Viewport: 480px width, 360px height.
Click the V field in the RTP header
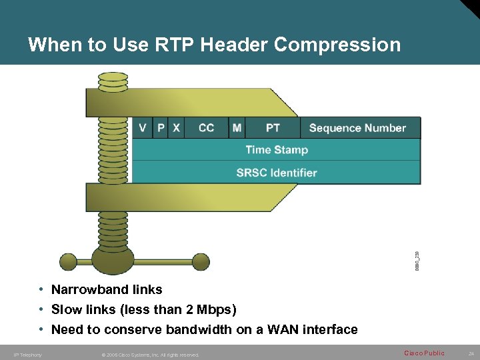(x=143, y=128)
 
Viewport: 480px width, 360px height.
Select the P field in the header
(x=161, y=128)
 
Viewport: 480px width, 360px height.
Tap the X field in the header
(x=176, y=128)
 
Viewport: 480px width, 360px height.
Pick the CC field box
(x=206, y=128)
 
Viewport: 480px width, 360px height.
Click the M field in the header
(x=237, y=128)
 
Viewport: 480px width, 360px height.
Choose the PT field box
(x=273, y=128)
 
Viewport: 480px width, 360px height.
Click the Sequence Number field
(x=357, y=128)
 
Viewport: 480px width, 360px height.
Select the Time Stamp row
(x=277, y=150)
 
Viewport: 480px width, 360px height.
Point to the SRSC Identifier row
(x=277, y=173)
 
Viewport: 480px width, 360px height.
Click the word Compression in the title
(x=337, y=45)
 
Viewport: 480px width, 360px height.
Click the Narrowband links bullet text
(x=107, y=289)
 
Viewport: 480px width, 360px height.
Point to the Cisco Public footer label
(x=424, y=353)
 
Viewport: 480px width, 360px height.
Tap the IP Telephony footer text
(x=27, y=355)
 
